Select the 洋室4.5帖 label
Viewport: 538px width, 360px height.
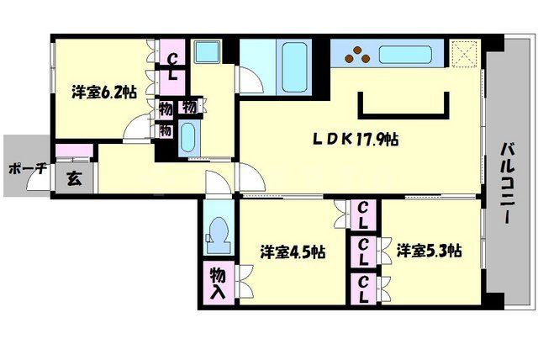[293, 251]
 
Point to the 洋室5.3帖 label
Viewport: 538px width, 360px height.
[430, 250]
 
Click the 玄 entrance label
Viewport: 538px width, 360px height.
[73, 178]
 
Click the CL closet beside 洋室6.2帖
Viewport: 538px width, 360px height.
[171, 65]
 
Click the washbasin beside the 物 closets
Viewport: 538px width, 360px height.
[188, 135]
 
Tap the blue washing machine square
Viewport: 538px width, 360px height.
[206, 51]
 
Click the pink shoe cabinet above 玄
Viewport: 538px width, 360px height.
[73, 151]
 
